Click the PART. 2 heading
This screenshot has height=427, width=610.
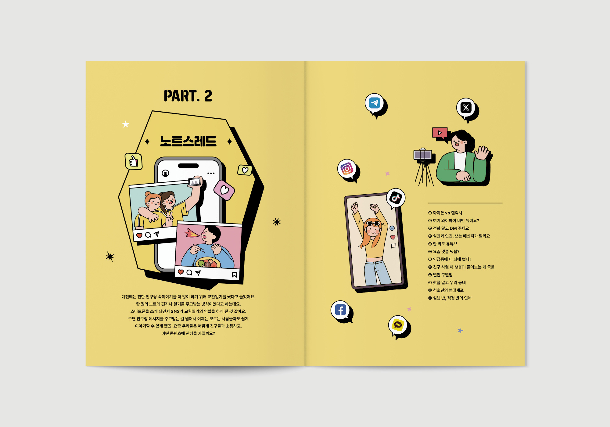pyautogui.click(x=188, y=96)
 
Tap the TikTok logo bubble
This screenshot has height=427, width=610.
pyautogui.click(x=396, y=199)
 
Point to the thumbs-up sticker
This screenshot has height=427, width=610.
pyautogui.click(x=134, y=161)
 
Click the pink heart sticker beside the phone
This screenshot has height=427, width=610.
pyautogui.click(x=224, y=190)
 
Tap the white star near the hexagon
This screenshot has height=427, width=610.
pyautogui.click(x=126, y=124)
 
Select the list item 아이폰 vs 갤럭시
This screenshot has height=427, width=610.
pyautogui.click(x=445, y=213)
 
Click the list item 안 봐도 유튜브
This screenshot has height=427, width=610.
pyautogui.click(x=443, y=244)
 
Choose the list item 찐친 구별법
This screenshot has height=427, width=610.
pyautogui.click(x=440, y=275)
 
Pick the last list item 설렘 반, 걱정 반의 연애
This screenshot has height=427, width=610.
pyautogui.click(x=450, y=298)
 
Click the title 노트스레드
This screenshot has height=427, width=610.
pyautogui.click(x=188, y=141)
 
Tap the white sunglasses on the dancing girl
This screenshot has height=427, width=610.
pyautogui.click(x=373, y=224)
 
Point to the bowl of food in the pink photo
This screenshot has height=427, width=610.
pyautogui.click(x=208, y=263)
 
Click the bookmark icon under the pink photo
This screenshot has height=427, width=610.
pyautogui.click(x=234, y=275)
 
